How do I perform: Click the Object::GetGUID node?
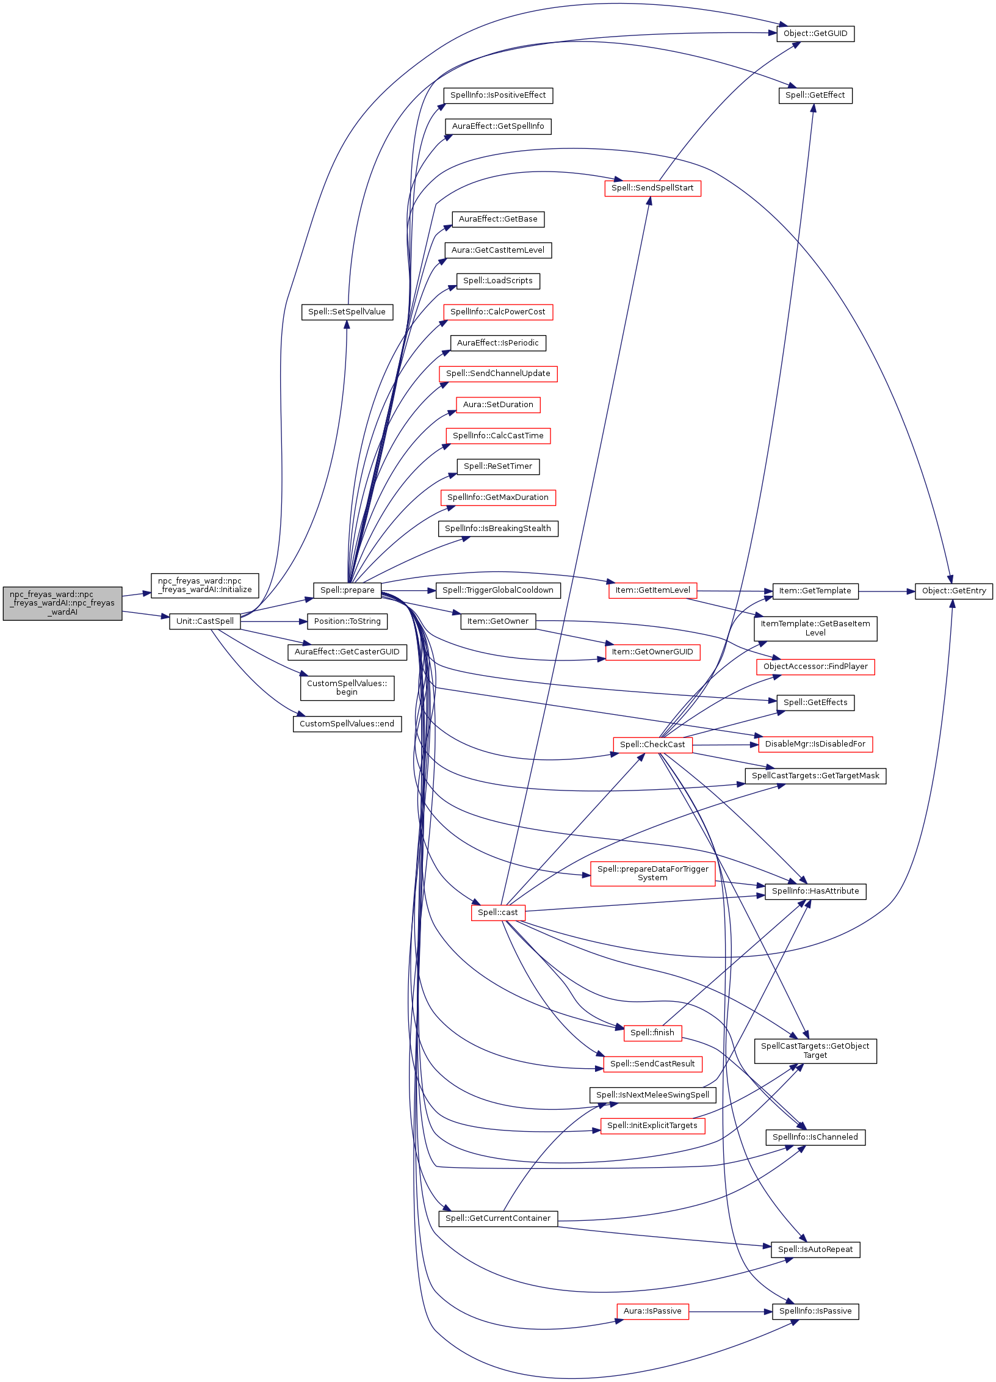815,34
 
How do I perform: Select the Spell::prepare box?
347,590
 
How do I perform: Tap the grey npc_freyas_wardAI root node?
62,604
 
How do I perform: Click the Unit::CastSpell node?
205,621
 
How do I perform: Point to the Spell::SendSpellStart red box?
652,188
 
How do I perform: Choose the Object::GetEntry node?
954,591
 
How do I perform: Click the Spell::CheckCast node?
652,745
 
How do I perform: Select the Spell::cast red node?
498,913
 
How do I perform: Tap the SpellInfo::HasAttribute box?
815,891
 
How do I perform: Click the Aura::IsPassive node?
652,1311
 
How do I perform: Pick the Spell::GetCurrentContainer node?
498,1218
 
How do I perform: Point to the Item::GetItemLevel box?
652,590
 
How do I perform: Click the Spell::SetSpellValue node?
347,312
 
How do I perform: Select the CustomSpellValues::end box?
347,724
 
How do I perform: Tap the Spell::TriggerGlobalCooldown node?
498,590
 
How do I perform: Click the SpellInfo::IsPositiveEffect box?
498,95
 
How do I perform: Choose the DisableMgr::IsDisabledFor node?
815,744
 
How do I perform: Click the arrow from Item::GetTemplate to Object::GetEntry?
887,591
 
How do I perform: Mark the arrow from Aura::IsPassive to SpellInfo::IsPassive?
731,1311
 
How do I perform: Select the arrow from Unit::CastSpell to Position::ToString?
274,621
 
